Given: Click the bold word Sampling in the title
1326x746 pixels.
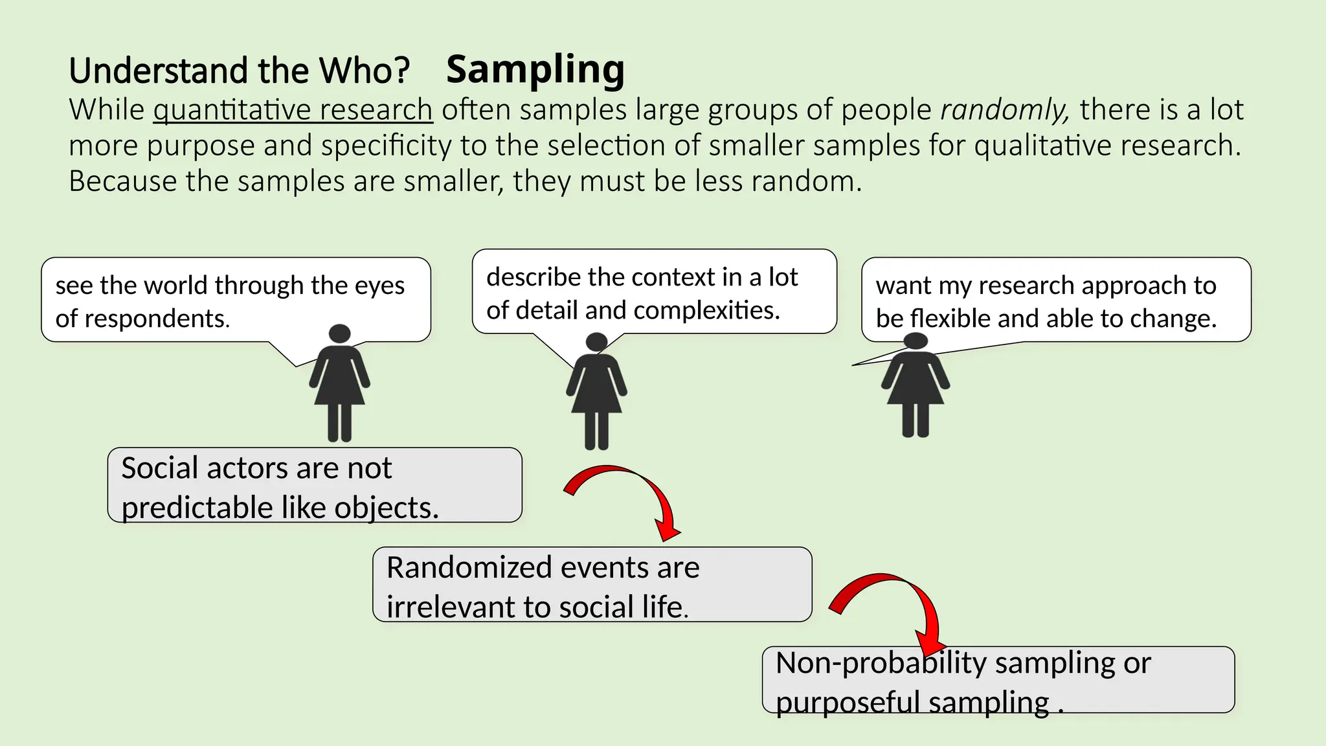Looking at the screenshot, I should (x=535, y=70).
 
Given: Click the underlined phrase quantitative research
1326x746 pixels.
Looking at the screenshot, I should (x=293, y=109).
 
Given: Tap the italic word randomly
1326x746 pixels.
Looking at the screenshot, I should (x=1004, y=109).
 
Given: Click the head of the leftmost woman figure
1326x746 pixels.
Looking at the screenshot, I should (x=339, y=334).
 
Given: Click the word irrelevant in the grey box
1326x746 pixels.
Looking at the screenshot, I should (x=451, y=607).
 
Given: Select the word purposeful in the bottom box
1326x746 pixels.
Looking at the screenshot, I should (x=847, y=702).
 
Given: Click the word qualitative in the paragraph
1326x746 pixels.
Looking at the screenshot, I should (x=1042, y=145).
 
